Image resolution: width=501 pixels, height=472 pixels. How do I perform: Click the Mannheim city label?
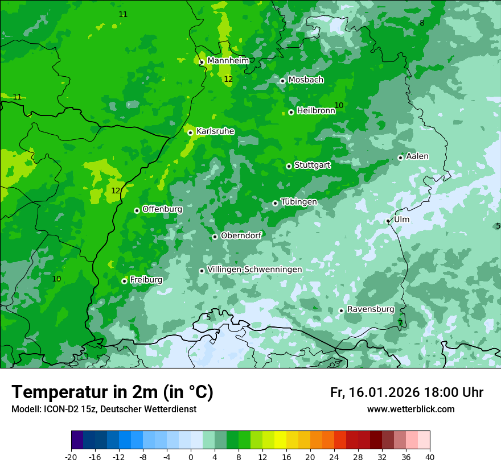click(x=228, y=61)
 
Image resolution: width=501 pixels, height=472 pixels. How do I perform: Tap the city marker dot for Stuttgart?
click(x=289, y=166)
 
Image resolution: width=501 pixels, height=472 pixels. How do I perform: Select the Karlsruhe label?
click(x=215, y=131)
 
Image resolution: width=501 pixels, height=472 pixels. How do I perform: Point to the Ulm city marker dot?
click(x=388, y=221)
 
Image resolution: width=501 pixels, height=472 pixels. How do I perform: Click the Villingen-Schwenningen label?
click(x=254, y=270)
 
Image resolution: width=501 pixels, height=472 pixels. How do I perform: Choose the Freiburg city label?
click(x=146, y=280)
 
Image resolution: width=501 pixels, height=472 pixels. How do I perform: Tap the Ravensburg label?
click(x=371, y=309)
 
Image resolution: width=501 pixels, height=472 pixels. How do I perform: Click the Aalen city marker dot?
click(x=400, y=158)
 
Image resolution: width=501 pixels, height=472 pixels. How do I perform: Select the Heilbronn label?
click(x=316, y=111)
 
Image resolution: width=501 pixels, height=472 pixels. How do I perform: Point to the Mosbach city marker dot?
click(x=282, y=81)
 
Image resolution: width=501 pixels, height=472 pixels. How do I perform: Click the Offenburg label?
click(x=162, y=209)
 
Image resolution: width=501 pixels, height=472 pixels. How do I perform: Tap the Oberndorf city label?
click(x=241, y=235)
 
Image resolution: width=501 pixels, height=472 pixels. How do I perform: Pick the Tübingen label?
click(x=299, y=202)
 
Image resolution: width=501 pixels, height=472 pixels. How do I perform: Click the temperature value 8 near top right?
click(x=422, y=23)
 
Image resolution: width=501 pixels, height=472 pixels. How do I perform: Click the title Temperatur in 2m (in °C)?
click(x=112, y=392)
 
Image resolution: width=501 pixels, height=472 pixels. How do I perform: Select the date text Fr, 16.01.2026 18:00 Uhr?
click(x=406, y=392)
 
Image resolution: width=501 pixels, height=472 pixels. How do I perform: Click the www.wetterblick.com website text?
click(x=410, y=409)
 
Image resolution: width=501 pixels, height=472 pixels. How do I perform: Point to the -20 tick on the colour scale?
click(x=71, y=457)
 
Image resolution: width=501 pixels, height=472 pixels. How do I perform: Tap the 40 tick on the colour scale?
click(x=430, y=457)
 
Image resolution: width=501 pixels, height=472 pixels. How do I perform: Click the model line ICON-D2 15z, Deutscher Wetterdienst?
click(x=104, y=409)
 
